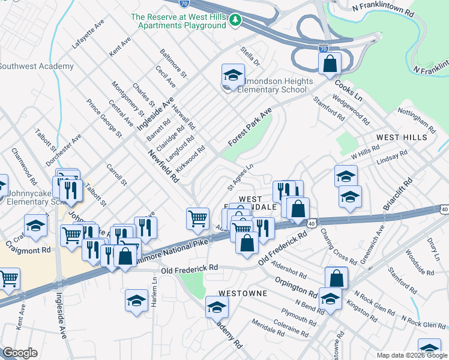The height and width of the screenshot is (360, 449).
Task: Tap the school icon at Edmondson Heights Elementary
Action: click(x=233, y=76)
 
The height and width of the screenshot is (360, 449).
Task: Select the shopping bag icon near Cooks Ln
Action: click(x=330, y=64)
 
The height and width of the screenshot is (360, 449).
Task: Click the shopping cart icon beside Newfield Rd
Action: click(x=197, y=219)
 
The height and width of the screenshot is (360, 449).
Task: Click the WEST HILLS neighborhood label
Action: click(x=402, y=137)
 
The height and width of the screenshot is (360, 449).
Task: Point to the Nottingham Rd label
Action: click(x=417, y=121)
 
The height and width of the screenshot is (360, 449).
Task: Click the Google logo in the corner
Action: click(x=20, y=353)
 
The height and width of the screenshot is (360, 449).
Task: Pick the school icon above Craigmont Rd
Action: click(x=36, y=226)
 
